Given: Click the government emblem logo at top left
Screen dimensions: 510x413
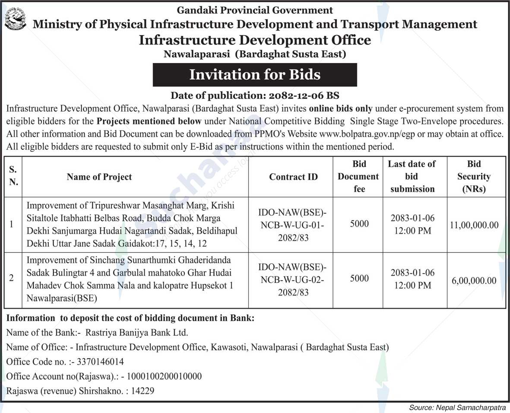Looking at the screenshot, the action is [15, 19].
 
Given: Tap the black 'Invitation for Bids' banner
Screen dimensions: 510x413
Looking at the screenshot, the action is [255, 75].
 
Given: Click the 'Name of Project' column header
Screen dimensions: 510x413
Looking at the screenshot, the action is [99, 177].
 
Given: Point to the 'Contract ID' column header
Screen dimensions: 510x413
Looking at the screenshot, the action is [293, 177].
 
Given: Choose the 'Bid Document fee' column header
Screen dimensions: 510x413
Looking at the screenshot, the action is [358, 176].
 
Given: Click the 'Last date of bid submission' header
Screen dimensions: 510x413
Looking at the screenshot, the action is [412, 176].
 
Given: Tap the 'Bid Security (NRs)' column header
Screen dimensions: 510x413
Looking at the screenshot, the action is [474, 176].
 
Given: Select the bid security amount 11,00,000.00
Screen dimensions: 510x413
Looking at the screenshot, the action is [474, 225].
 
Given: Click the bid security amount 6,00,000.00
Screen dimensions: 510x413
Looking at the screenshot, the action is [474, 280].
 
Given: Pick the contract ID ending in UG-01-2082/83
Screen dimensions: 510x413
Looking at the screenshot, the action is [292, 225].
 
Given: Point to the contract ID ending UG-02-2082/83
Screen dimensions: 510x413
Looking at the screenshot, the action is [292, 280].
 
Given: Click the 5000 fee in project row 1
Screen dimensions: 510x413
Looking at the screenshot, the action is [359, 224].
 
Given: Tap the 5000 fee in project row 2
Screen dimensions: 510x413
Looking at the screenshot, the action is [359, 279].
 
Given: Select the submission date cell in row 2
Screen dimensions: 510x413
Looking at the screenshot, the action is [412, 279].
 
